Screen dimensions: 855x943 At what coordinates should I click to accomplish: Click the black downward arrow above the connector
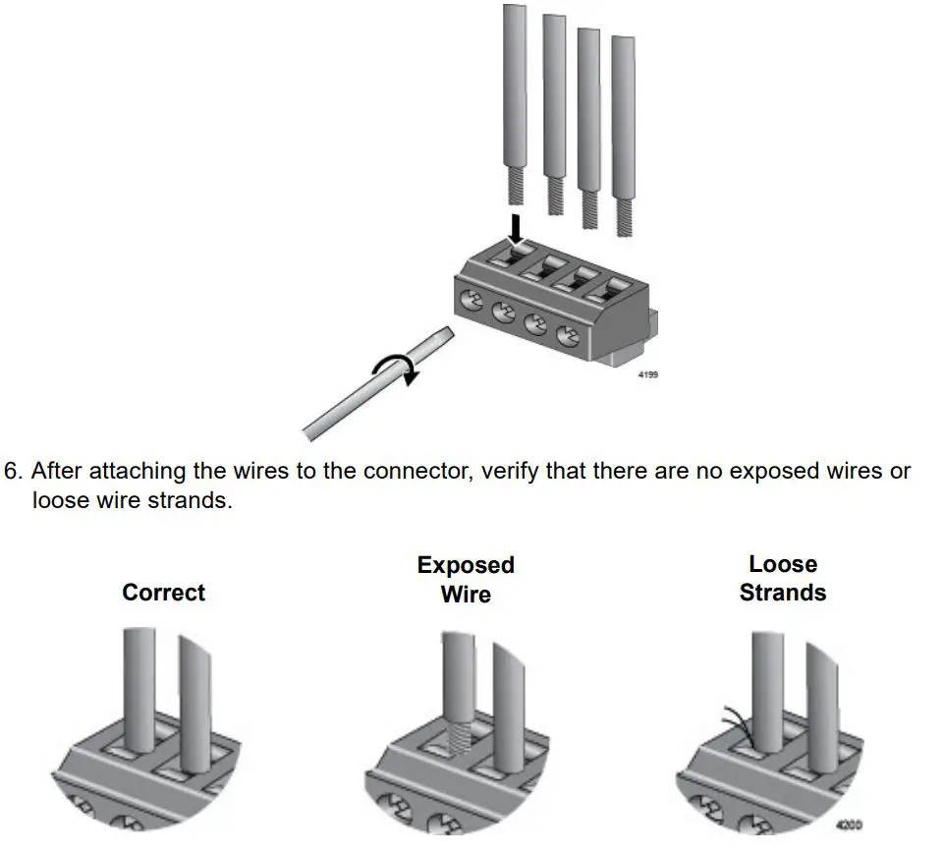pyautogui.click(x=517, y=227)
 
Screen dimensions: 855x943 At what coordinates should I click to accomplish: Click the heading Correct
pyautogui.click(x=163, y=593)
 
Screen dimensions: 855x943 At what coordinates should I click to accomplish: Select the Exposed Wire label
pyautogui.click(x=466, y=580)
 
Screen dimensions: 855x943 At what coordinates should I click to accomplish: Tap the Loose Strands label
pyautogui.click(x=783, y=579)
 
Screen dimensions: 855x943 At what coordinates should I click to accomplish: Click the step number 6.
pyautogui.click(x=12, y=471)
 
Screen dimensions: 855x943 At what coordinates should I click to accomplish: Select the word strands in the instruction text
pyautogui.click(x=193, y=499)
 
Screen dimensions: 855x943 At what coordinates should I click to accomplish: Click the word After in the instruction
pyautogui.click(x=59, y=471)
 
